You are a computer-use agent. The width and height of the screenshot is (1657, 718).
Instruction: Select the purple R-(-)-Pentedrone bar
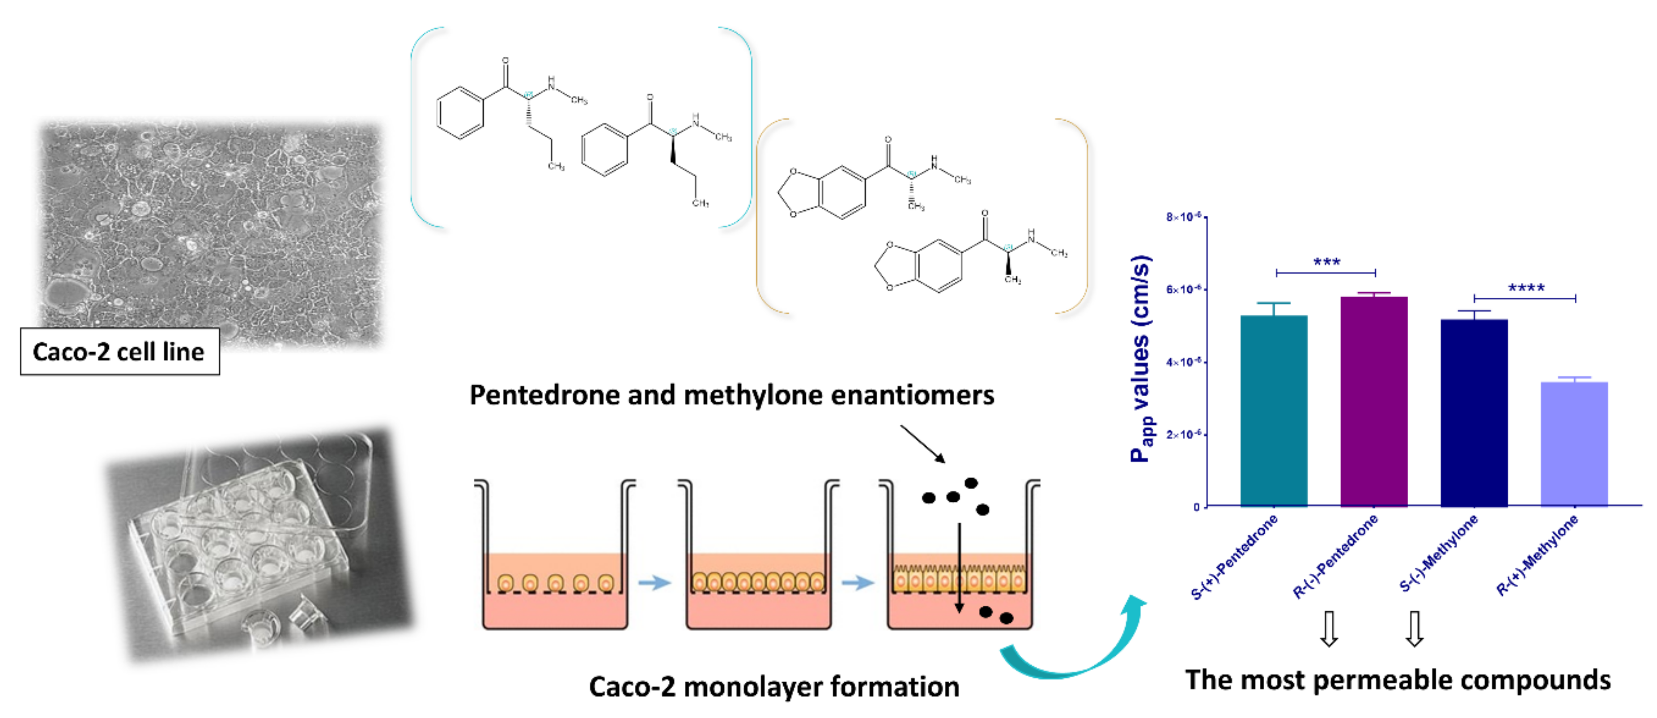point(1374,402)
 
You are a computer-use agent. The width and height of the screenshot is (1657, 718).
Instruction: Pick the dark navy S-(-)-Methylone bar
point(1474,412)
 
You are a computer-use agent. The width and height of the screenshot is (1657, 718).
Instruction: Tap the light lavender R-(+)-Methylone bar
point(1574,444)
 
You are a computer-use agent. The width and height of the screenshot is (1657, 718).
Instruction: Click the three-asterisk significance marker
point(1326,262)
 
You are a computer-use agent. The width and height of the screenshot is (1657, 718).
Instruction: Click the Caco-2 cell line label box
point(119,351)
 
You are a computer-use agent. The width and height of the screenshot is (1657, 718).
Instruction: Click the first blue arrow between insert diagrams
point(654,583)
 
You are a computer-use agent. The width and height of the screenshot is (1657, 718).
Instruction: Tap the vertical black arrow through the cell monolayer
point(959,566)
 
